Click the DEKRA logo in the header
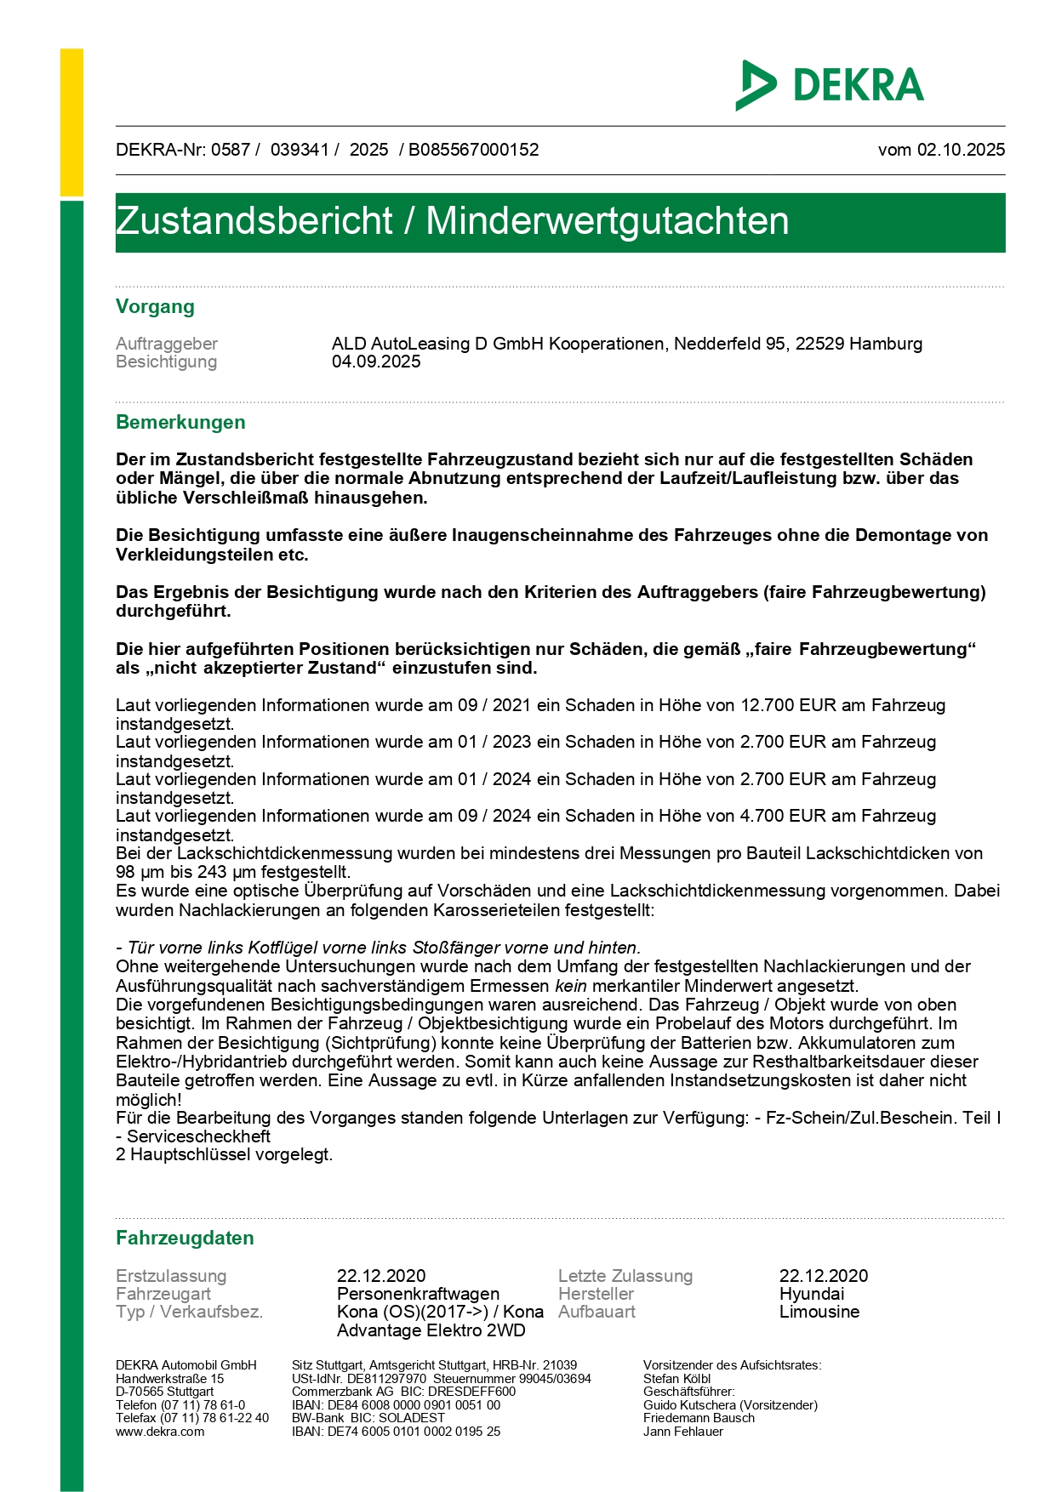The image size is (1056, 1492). pyautogui.click(x=830, y=85)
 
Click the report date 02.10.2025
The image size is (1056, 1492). pyautogui.click(x=961, y=150)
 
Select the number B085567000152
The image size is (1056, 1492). pyautogui.click(x=473, y=150)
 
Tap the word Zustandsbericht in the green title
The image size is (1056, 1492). pyautogui.click(x=254, y=221)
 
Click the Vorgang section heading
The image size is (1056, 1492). pyautogui.click(x=155, y=307)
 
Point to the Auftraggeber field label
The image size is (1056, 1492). pyautogui.click(x=167, y=344)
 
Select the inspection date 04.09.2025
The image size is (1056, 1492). pyautogui.click(x=376, y=362)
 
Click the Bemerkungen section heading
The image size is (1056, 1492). pyautogui.click(x=180, y=423)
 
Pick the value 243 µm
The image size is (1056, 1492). pyautogui.click(x=228, y=872)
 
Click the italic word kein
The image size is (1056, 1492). pyautogui.click(x=571, y=986)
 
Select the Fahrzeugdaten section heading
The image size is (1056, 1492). pyautogui.click(x=185, y=1239)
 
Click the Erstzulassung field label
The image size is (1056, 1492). pyautogui.click(x=171, y=1276)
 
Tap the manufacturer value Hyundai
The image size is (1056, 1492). pyautogui.click(x=812, y=1294)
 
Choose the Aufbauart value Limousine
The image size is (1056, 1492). pyautogui.click(x=819, y=1312)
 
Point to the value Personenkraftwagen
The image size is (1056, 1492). pyautogui.click(x=418, y=1294)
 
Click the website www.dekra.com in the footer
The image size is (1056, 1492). pyautogui.click(x=160, y=1432)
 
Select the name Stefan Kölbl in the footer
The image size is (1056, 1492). pyautogui.click(x=676, y=1379)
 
